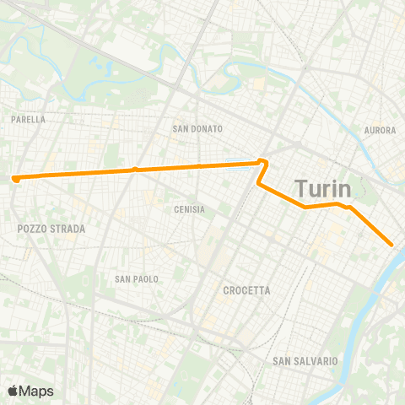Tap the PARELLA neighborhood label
point(29,120)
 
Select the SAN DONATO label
point(197,129)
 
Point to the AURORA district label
point(380,130)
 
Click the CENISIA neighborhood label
point(189,209)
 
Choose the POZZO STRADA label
point(51,229)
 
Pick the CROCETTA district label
point(246,290)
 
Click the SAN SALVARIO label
point(305,361)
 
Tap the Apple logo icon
point(13,391)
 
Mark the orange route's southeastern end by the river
point(392,245)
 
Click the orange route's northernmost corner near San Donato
point(263,160)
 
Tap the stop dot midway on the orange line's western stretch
point(134,170)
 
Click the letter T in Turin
point(300,187)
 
